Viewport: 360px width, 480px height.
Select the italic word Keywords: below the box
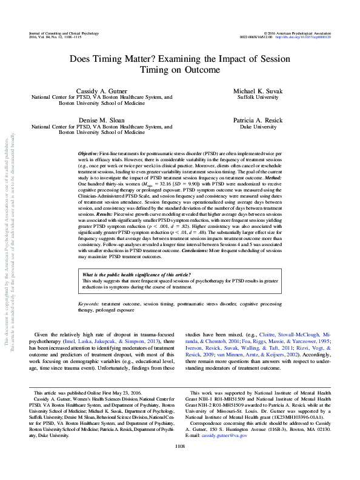(x=91, y=303)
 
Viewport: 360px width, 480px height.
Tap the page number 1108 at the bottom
(x=179, y=463)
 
